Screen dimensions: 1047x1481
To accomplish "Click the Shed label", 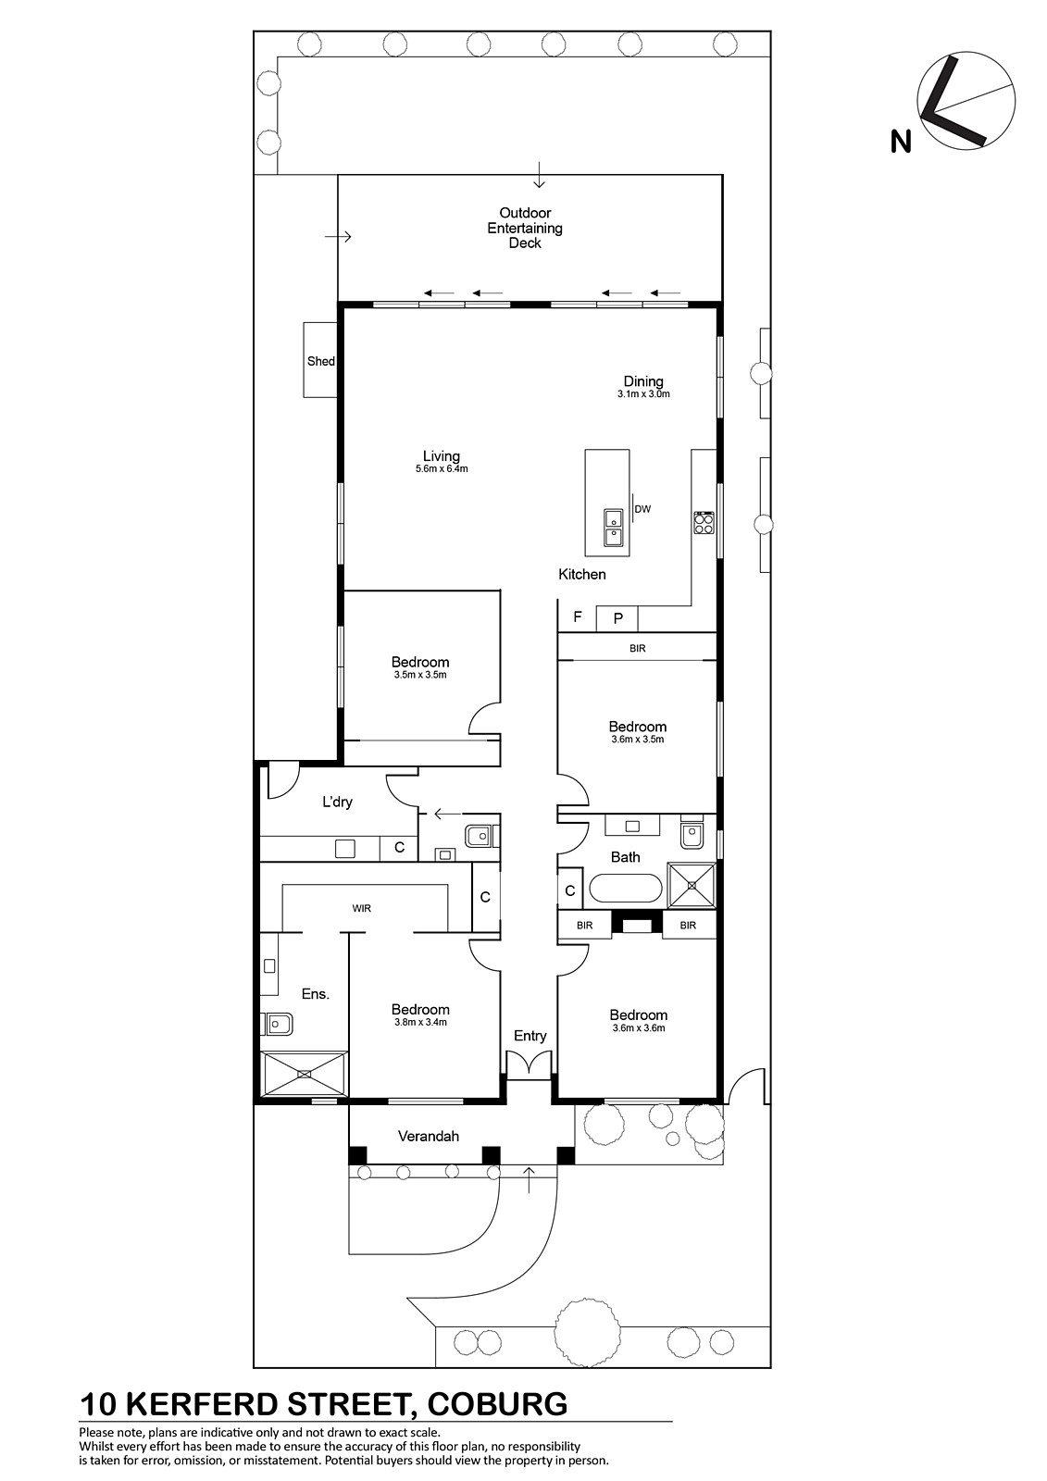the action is pyautogui.click(x=321, y=361).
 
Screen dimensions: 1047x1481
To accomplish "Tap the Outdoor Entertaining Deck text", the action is pyautogui.click(x=525, y=228).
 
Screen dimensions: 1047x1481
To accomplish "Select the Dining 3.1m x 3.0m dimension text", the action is pyautogui.click(x=643, y=394).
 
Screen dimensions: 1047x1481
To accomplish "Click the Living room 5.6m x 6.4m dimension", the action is pyautogui.click(x=442, y=468).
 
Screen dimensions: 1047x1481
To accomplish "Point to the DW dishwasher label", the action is pyautogui.click(x=642, y=509).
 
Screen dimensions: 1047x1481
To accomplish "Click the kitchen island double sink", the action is pyautogui.click(x=613, y=528).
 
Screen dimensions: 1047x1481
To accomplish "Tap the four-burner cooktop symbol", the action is pyautogui.click(x=703, y=523).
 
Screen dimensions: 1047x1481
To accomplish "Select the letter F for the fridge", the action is pyautogui.click(x=578, y=616).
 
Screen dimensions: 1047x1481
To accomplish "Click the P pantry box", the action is pyautogui.click(x=617, y=619).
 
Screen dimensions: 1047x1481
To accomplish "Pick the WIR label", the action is pyautogui.click(x=361, y=908).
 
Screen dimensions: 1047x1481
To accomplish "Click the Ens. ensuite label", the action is pyautogui.click(x=316, y=994).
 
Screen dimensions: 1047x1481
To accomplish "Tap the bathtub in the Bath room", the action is pyautogui.click(x=625, y=890).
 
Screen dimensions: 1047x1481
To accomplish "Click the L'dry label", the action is pyautogui.click(x=337, y=802).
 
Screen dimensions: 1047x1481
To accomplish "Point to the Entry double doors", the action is pyautogui.click(x=530, y=1065).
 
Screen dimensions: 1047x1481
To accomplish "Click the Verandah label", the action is pyautogui.click(x=429, y=1136).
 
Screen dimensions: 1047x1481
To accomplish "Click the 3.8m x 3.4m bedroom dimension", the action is pyautogui.click(x=420, y=1022).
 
